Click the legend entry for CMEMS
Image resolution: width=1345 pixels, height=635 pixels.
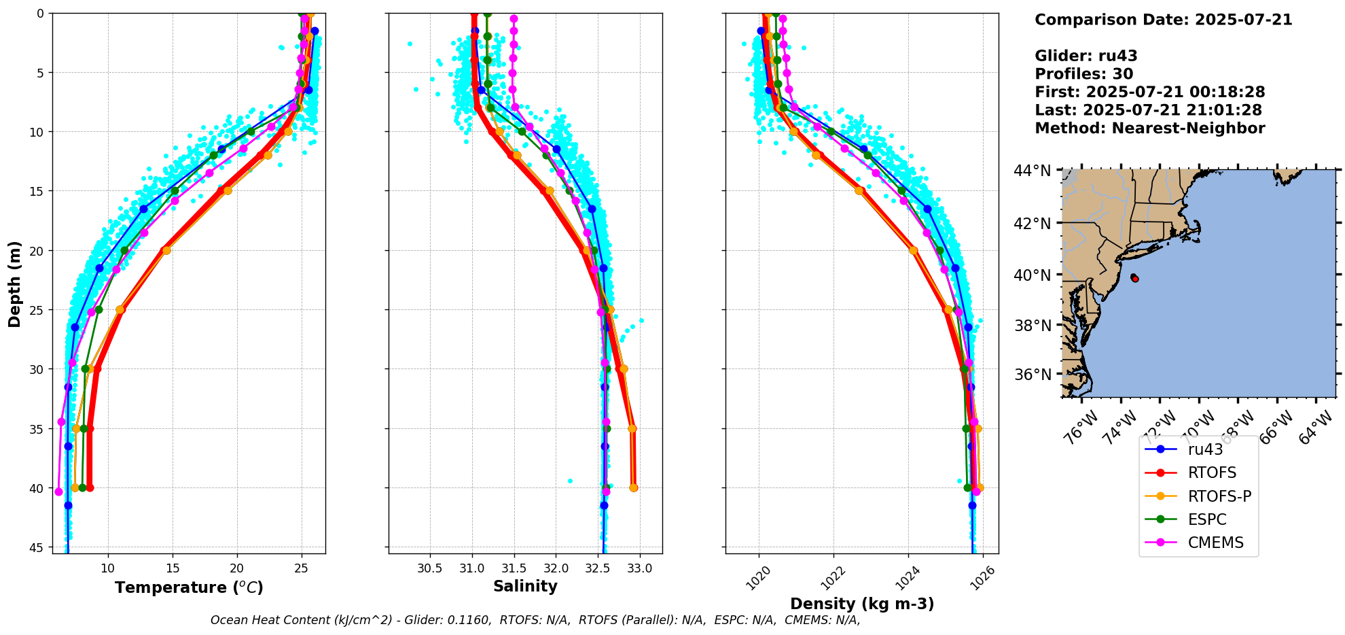(1215, 543)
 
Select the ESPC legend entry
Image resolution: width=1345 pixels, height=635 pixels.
(1207, 519)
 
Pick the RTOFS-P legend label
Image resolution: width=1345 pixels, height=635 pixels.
(1219, 496)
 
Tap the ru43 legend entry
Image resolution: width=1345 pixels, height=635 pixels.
(1205, 449)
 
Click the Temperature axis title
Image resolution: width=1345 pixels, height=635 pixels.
(189, 587)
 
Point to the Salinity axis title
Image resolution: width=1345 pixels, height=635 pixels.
(525, 586)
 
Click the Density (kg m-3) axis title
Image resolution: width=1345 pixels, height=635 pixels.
(862, 604)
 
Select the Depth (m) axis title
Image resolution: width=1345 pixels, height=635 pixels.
(15, 284)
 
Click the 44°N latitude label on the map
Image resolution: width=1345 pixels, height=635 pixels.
(1033, 171)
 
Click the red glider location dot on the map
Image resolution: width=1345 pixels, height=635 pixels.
(1135, 279)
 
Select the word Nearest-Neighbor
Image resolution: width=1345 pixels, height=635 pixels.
(1188, 128)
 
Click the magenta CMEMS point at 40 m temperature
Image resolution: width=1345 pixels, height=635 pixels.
(58, 492)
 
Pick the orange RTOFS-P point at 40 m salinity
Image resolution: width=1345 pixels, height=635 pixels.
(634, 487)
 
